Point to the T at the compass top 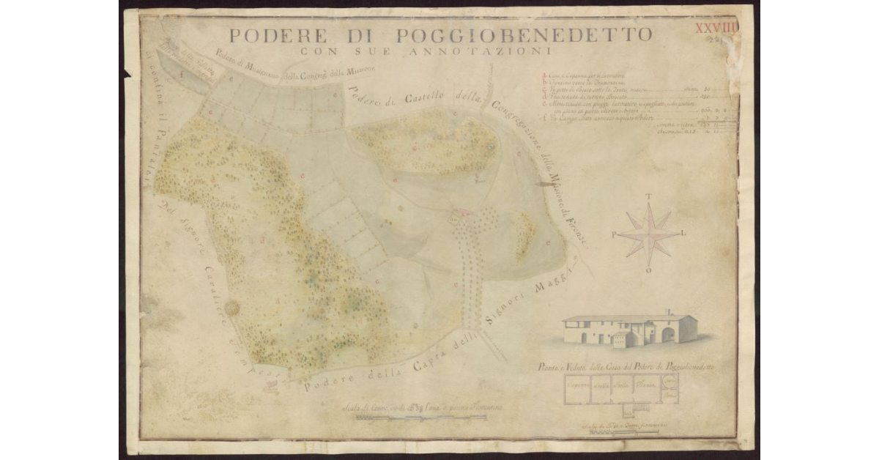point(649,196)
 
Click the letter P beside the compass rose point(613,234)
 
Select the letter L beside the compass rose point(684,234)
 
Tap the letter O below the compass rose point(649,270)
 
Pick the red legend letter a point(543,75)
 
